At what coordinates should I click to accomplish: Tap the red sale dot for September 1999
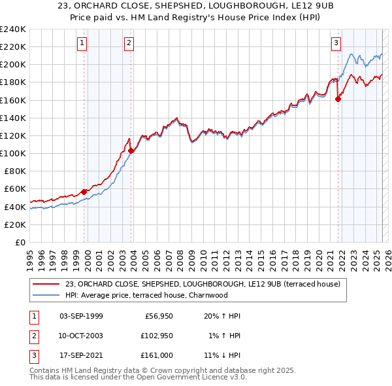coord(84,192)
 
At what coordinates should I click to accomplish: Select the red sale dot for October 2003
coord(131,150)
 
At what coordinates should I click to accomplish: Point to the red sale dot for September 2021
coord(338,99)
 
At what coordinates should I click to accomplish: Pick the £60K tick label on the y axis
coord(15,189)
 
